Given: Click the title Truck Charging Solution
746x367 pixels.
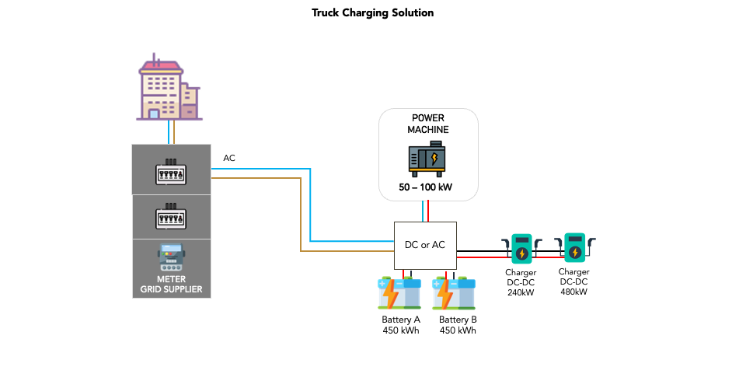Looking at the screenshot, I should (373, 13).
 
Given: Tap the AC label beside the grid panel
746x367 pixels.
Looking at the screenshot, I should (229, 159).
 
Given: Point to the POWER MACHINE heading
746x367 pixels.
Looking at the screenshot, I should (428, 124).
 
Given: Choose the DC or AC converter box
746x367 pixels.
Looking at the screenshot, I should (425, 245).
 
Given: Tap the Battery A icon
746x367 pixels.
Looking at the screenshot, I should (399, 294).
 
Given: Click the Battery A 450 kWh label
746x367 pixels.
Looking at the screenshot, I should (401, 325).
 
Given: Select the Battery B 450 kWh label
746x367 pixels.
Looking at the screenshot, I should (458, 325).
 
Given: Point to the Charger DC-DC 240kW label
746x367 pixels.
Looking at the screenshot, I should (521, 282).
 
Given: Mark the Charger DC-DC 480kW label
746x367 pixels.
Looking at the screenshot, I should (573, 281).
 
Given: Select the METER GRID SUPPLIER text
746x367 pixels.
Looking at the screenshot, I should (171, 285).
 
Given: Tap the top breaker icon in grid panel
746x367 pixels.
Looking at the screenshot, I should (171, 172).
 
